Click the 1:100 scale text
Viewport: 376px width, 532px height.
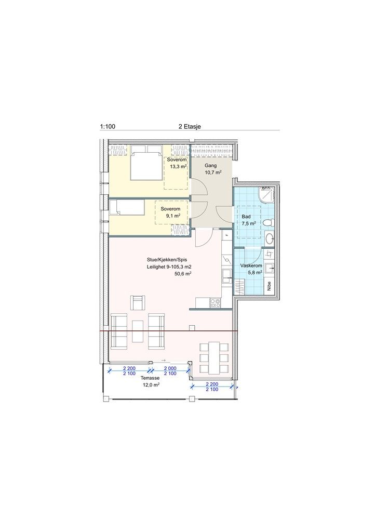click(x=108, y=127)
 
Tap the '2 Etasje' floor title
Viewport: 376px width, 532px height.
click(x=190, y=127)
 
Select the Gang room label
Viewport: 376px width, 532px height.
click(x=210, y=166)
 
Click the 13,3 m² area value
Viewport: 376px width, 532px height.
click(x=178, y=166)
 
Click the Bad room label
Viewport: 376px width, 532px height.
click(x=246, y=217)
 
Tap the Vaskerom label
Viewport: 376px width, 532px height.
click(x=251, y=265)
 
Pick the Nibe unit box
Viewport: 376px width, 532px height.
click(x=269, y=286)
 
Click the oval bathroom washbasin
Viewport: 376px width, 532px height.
click(x=269, y=238)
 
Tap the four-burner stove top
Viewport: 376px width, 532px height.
click(x=216, y=303)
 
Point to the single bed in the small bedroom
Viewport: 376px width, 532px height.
click(x=127, y=207)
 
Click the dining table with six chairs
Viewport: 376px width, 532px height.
click(x=214, y=358)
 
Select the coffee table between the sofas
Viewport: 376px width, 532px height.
click(x=138, y=331)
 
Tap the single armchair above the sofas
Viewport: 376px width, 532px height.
click(x=138, y=303)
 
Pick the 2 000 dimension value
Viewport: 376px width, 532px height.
click(x=170, y=368)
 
